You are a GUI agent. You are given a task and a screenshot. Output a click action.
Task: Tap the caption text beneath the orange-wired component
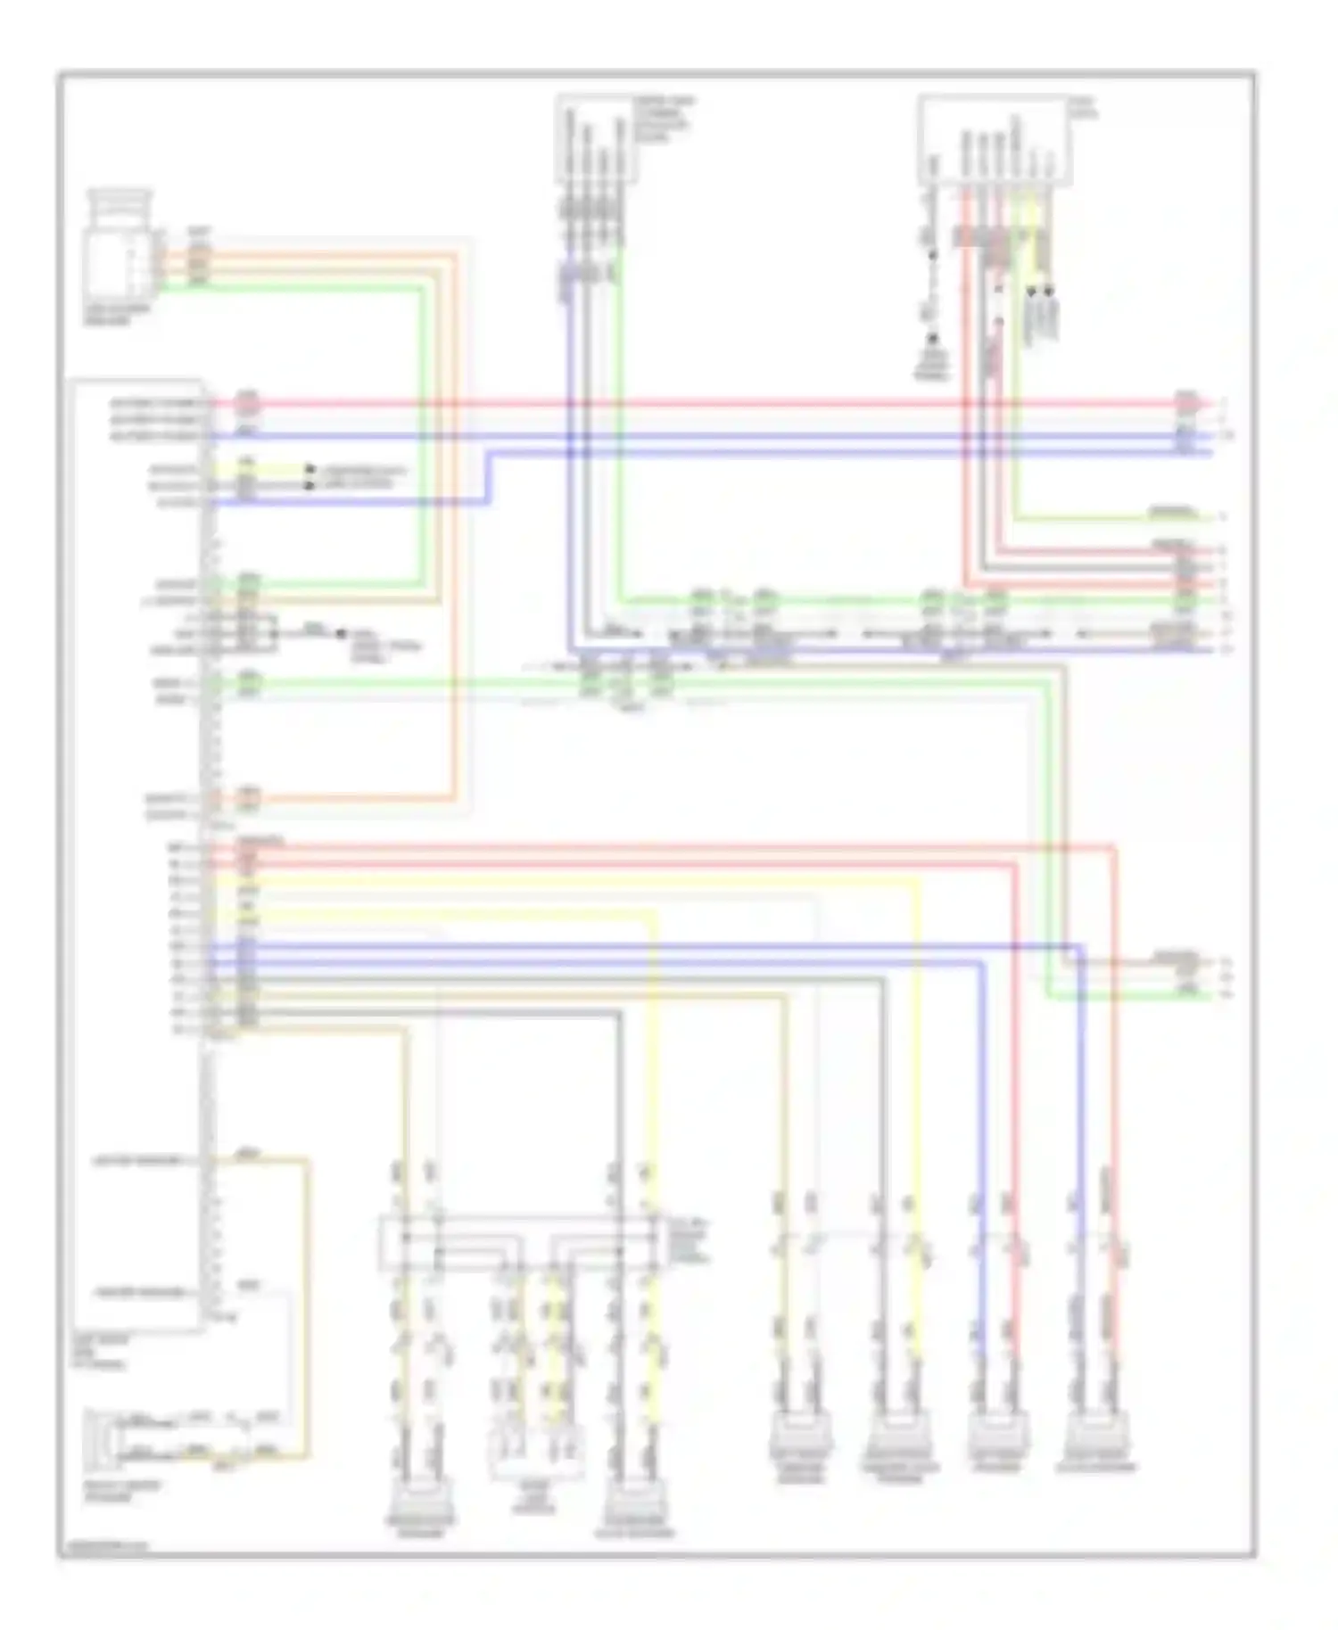click(x=117, y=314)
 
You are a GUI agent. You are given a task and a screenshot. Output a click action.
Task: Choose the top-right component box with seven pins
click(x=995, y=141)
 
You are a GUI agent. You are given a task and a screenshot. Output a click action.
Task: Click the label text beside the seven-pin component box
click(x=1084, y=108)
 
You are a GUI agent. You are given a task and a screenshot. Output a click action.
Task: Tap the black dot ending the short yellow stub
click(x=310, y=469)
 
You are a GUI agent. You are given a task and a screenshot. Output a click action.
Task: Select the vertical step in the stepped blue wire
click(x=488, y=477)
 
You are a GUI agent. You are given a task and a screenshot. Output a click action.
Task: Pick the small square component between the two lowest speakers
click(x=534, y=1453)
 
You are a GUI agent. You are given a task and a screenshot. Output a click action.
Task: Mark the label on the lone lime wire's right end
click(x=1172, y=514)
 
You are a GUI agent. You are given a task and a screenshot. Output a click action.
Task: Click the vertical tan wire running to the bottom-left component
click(x=307, y=1302)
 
